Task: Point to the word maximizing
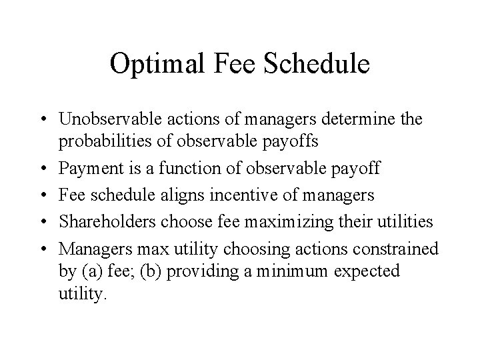pos(281,221)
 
